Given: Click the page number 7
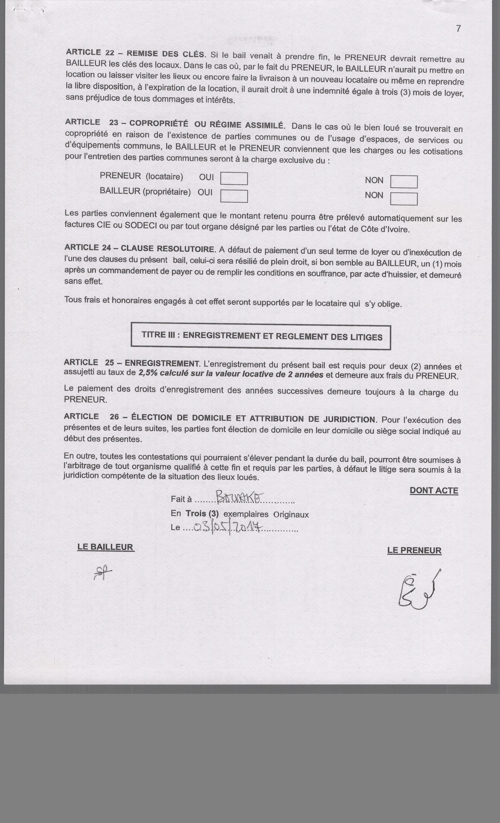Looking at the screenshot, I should (x=458, y=29).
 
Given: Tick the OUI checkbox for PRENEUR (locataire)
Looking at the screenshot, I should (x=234, y=179).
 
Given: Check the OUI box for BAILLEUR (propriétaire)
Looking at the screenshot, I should (x=234, y=196).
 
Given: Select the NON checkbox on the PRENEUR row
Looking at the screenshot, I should (x=404, y=182).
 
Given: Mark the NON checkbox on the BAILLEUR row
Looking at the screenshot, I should (x=404, y=199).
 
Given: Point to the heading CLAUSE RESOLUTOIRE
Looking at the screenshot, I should (x=167, y=249).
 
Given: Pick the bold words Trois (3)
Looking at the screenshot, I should (x=202, y=513).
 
